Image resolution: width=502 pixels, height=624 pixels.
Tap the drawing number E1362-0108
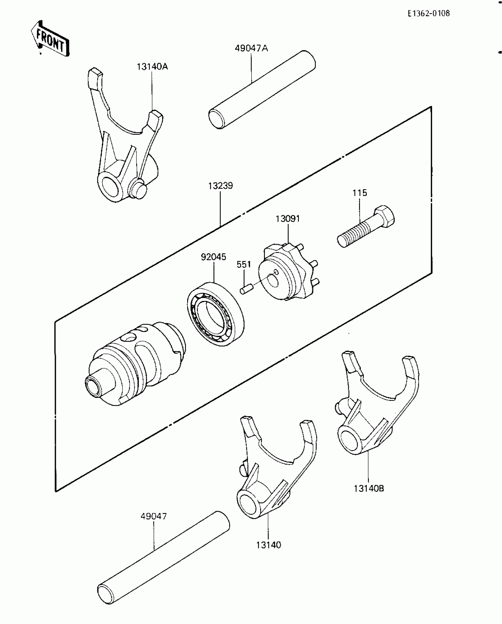428,13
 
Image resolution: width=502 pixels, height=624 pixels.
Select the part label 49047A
251,48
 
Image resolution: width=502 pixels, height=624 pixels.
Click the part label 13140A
152,67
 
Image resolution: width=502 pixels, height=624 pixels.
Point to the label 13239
220,186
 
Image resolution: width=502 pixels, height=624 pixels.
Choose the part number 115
359,193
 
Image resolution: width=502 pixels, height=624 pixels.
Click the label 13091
288,219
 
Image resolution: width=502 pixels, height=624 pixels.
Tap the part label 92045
213,257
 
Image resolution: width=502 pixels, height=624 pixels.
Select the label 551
244,265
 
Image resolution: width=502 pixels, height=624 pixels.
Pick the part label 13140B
369,489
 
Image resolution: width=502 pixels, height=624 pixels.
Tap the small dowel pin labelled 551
245,289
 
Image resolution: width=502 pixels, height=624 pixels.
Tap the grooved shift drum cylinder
136,364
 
